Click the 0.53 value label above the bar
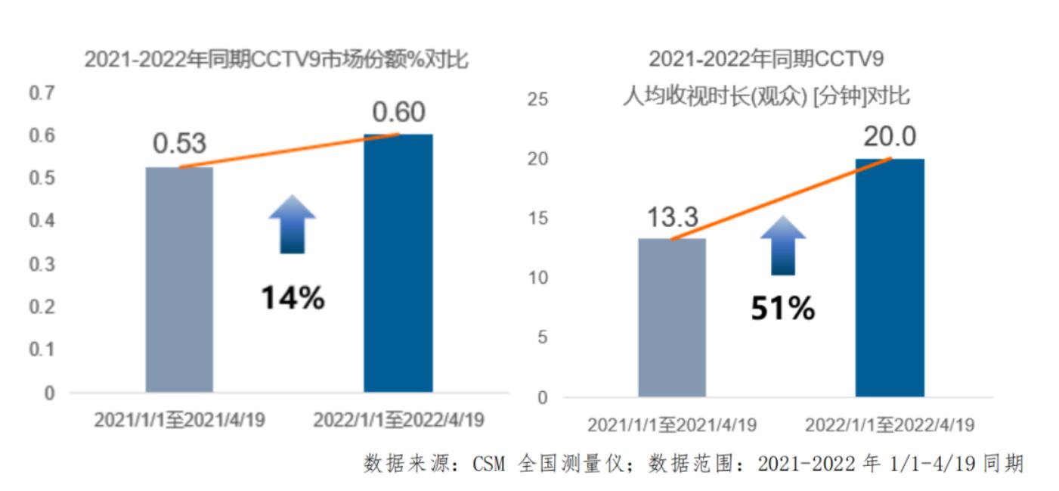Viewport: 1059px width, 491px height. point(179,144)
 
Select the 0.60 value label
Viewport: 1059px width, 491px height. point(398,112)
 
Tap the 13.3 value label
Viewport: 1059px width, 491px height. point(671,217)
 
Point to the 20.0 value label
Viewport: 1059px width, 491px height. point(890,137)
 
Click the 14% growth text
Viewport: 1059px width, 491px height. point(293,298)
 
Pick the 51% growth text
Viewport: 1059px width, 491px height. point(782,309)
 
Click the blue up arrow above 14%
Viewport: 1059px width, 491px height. point(292,223)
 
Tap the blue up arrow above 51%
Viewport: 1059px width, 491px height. point(783,245)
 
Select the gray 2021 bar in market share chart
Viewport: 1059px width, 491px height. point(179,280)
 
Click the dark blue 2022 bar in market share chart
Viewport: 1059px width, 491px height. point(398,263)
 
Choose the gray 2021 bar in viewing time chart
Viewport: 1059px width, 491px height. point(671,318)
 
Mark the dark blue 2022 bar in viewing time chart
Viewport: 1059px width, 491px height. point(890,278)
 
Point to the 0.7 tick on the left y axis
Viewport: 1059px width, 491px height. point(42,93)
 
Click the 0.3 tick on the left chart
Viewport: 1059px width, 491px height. point(42,264)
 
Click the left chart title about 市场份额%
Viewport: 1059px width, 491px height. point(276,60)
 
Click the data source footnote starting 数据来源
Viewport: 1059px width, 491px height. point(693,463)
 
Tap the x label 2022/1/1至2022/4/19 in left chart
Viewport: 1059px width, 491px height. point(398,420)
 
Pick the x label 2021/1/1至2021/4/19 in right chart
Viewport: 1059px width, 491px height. point(671,424)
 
